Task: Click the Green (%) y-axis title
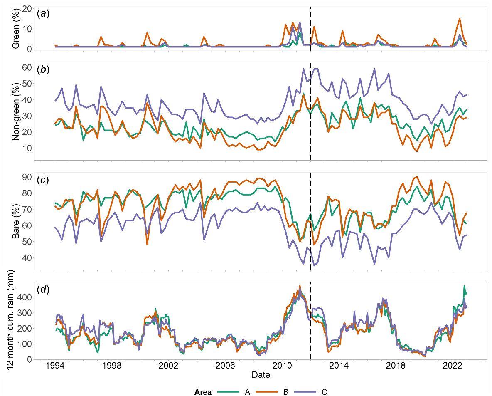pos(16,29)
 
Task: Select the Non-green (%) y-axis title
pos(16,111)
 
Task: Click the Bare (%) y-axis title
pos(16,220)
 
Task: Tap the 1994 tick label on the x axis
pos(54,366)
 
